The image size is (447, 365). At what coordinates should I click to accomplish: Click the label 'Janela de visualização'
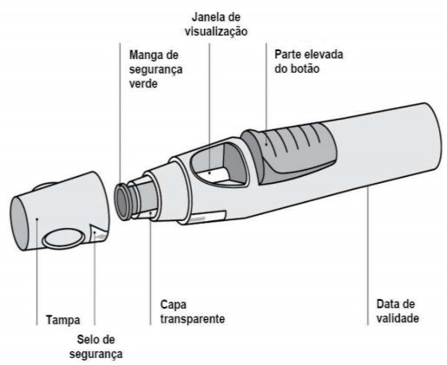tap(216, 24)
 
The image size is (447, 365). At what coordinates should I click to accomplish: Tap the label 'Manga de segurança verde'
tap(155, 69)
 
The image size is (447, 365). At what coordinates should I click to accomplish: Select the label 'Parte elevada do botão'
tap(309, 62)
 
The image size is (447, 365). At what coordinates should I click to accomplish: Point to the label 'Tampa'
tap(63, 320)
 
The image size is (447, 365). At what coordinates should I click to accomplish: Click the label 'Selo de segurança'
tap(96, 347)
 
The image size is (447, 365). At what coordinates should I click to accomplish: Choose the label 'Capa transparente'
tap(193, 312)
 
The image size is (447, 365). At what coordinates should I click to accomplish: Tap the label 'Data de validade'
tap(398, 311)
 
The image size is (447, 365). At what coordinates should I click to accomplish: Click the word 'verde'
tap(143, 84)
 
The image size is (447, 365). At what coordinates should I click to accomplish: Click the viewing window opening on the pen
tap(219, 164)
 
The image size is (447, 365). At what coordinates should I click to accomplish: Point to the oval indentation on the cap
tap(64, 238)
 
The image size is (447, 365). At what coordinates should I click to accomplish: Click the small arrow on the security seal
tap(99, 237)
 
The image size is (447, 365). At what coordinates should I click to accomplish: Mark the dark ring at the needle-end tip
tap(122, 201)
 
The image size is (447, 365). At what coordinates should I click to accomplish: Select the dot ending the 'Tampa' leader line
tap(37, 218)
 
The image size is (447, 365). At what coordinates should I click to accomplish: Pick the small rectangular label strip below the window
tap(207, 217)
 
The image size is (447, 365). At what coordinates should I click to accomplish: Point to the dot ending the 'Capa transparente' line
tap(151, 213)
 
